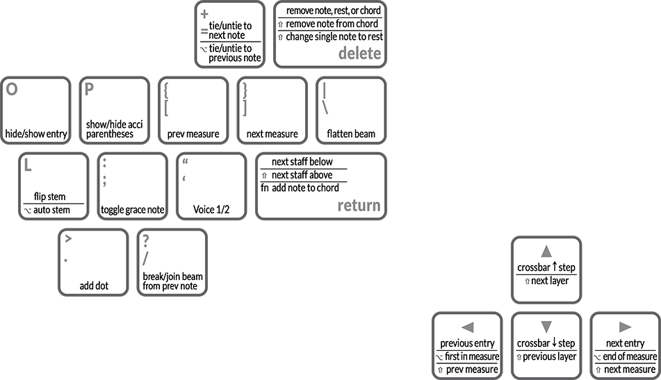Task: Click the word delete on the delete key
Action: point(359,53)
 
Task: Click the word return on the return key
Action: point(359,205)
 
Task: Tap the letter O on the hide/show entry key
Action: point(12,89)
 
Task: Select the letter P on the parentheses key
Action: point(89,89)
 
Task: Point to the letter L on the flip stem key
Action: point(28,165)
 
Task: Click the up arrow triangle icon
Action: point(546,251)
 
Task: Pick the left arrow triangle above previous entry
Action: point(468,327)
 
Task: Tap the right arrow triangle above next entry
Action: point(625,327)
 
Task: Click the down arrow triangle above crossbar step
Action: point(546,327)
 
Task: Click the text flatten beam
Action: point(351,134)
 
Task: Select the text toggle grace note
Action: point(132,210)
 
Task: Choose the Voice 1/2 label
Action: point(211,210)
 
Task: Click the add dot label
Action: point(94,286)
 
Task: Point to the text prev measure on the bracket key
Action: point(193,134)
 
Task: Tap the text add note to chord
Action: point(305,188)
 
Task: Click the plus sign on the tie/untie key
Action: point(204,15)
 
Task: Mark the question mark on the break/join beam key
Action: point(146,241)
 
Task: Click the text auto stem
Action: point(51,210)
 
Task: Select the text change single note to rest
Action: point(334,37)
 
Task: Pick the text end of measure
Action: point(630,357)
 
